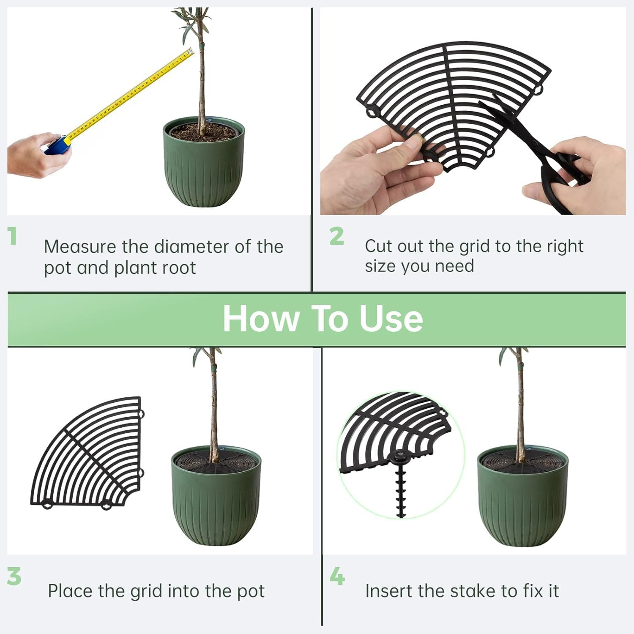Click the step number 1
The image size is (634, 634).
click(x=12, y=236)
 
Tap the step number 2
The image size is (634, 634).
click(x=336, y=236)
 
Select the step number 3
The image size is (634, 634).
click(x=14, y=576)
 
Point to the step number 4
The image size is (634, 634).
click(x=337, y=576)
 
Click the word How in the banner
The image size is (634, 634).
click(x=261, y=319)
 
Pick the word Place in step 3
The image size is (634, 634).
click(x=70, y=591)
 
